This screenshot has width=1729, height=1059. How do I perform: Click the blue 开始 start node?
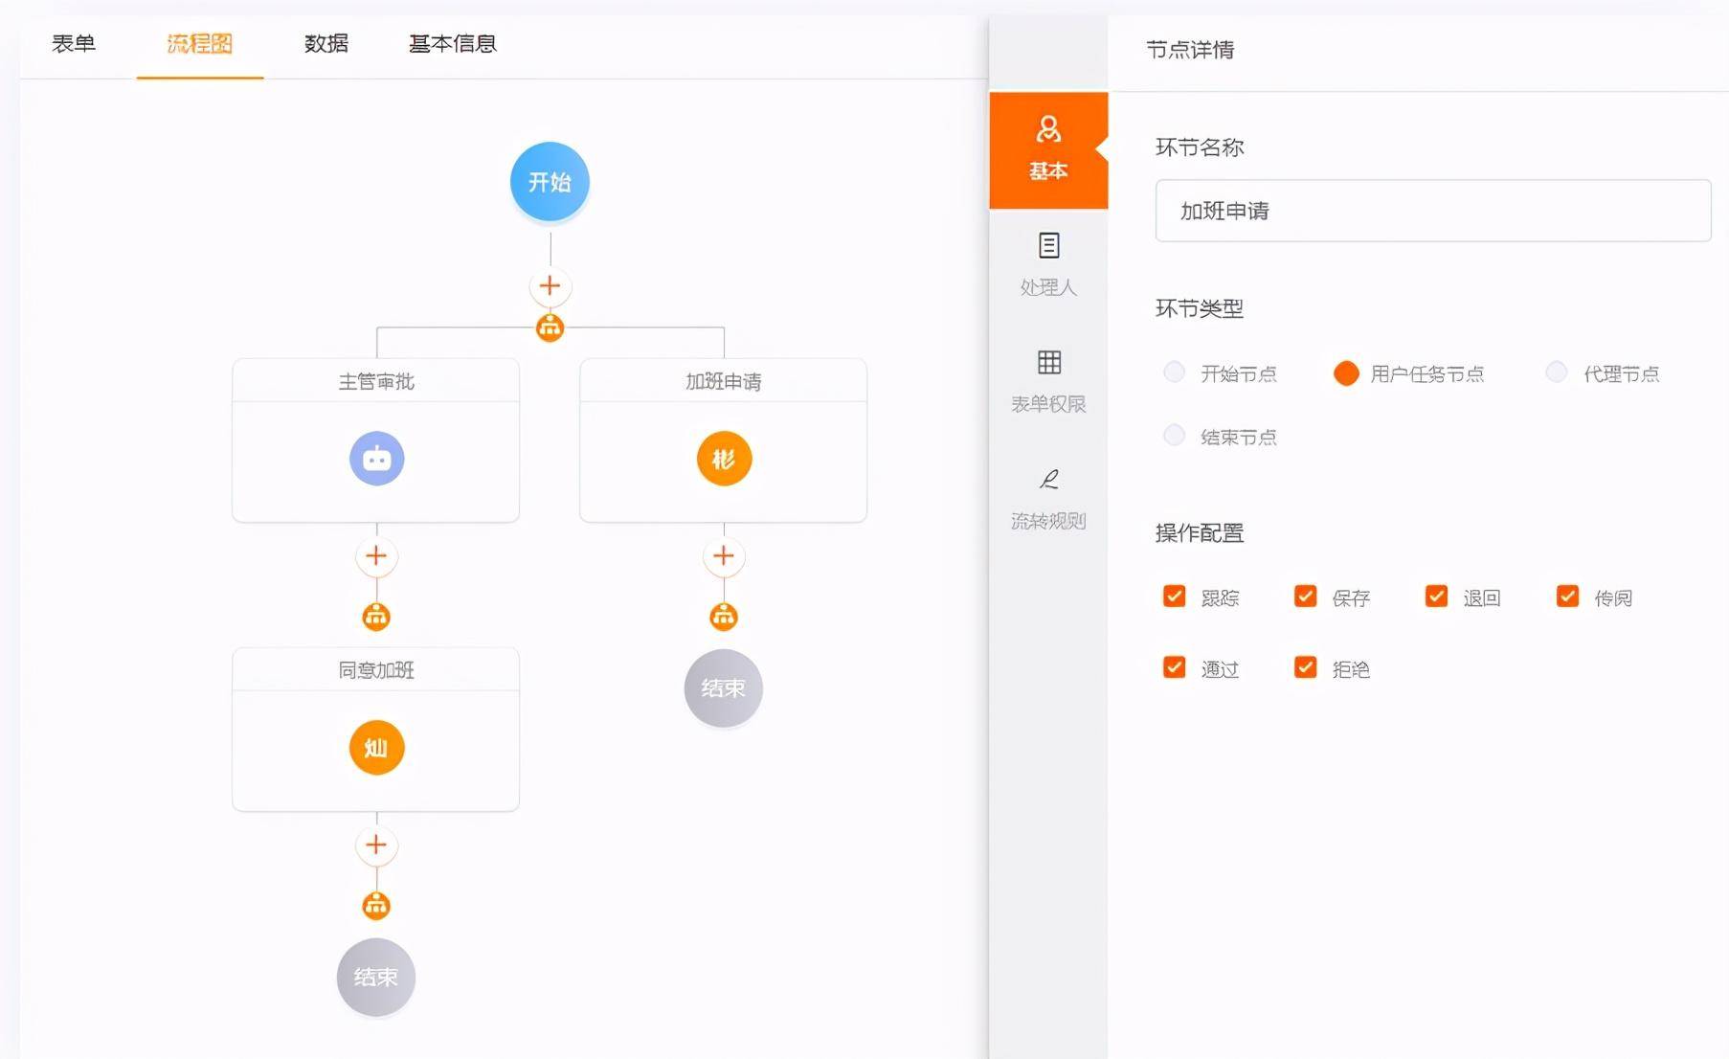[550, 182]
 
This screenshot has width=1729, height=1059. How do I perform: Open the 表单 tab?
[74, 43]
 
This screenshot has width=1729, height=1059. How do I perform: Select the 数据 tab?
[326, 43]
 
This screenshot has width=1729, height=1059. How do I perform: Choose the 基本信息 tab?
[453, 43]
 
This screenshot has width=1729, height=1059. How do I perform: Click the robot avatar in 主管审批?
[376, 459]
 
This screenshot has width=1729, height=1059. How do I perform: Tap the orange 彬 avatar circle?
[724, 459]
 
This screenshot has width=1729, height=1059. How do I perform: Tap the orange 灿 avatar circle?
[376, 748]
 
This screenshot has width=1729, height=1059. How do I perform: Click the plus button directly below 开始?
[550, 285]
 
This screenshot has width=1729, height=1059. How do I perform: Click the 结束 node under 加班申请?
[723, 688]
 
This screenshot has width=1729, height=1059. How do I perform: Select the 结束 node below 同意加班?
[376, 978]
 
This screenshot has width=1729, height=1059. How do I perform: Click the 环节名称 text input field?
[1433, 211]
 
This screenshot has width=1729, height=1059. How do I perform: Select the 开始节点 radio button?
[1174, 372]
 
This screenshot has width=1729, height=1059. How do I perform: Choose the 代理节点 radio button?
[1557, 372]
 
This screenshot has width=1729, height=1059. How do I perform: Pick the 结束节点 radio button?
[1174, 436]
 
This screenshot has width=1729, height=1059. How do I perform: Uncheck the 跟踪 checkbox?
[1174, 597]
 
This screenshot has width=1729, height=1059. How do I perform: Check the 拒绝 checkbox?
[1305, 667]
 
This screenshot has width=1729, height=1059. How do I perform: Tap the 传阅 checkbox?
[1567, 597]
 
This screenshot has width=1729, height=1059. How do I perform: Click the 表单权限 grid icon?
[1049, 362]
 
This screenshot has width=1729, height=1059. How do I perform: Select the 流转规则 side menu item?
[1048, 499]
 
